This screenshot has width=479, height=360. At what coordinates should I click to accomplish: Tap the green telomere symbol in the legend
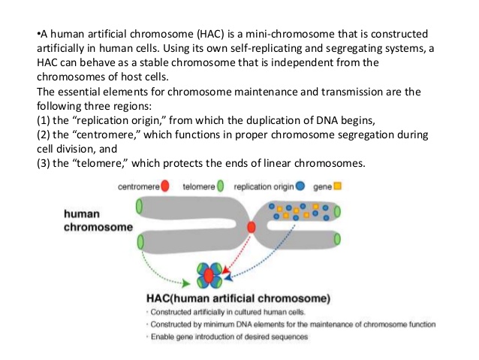point(221,186)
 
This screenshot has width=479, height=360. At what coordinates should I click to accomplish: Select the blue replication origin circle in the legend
point(300,186)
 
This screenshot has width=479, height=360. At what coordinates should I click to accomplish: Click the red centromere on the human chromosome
point(251,226)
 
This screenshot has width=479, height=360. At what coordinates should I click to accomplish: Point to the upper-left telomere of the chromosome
point(138,206)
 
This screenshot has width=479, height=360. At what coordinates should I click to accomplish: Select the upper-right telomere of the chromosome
point(336,206)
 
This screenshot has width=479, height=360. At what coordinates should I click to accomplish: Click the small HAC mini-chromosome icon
point(209,276)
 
